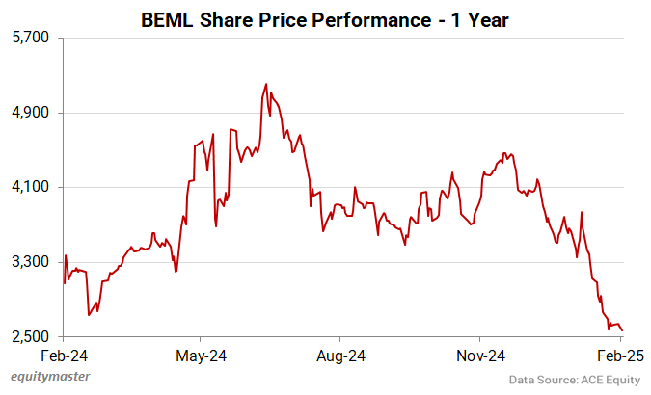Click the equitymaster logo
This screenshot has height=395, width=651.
click(44, 378)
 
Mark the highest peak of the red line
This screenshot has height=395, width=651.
click(265, 84)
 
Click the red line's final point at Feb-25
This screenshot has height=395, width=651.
click(622, 330)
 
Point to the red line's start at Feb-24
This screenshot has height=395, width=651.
click(64, 282)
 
